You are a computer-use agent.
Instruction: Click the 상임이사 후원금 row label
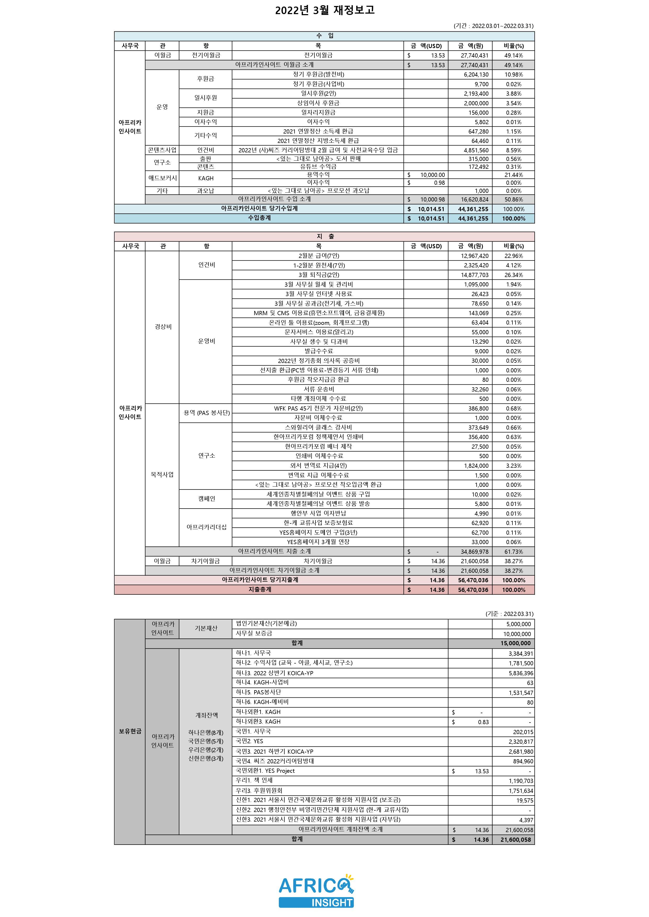318,103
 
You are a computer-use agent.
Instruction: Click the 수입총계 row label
259,218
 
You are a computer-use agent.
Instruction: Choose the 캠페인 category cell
206,499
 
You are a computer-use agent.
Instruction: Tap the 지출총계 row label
259,590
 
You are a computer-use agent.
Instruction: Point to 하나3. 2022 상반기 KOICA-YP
274,673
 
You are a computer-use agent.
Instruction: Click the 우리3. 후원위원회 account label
259,791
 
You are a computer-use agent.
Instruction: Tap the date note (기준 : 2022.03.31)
509,614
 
